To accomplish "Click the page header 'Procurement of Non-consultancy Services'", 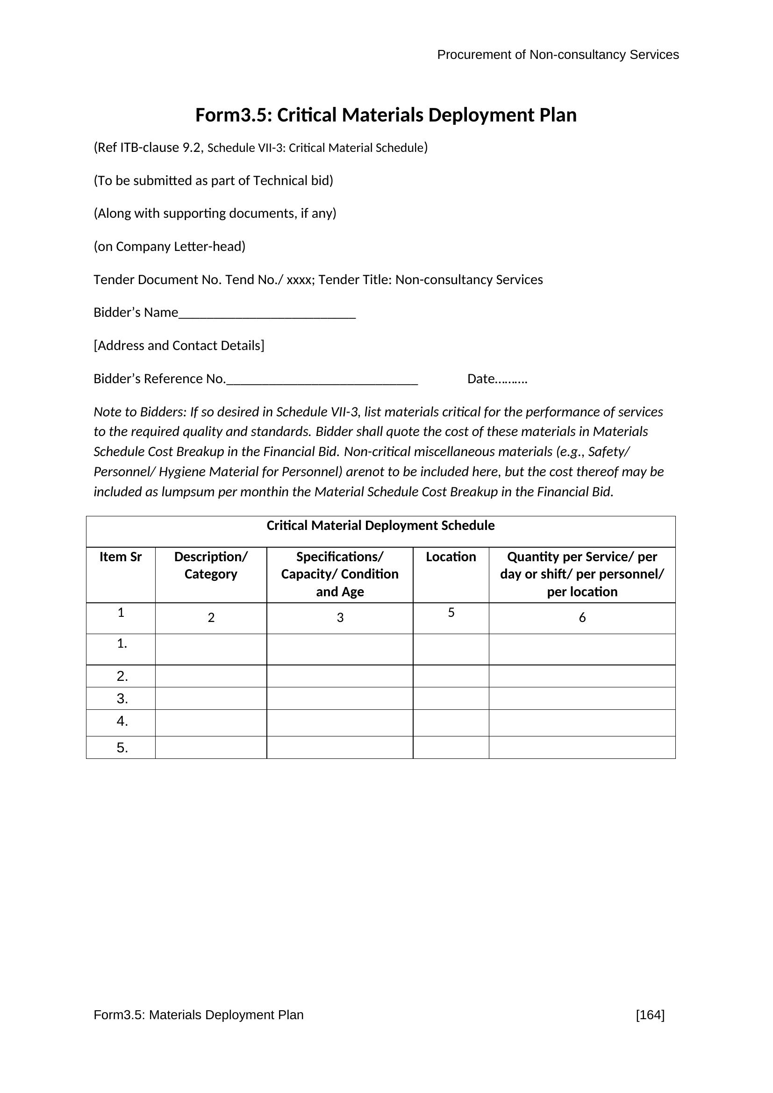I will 558,55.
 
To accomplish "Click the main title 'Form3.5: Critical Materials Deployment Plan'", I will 386,115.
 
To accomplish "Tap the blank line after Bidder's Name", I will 267,314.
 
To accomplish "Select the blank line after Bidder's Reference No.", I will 322,380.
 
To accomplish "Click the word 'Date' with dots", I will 497,379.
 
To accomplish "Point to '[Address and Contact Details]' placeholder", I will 179,346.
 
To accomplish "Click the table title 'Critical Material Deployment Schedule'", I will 380,526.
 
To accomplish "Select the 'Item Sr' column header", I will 121,557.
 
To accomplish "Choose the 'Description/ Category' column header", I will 211,565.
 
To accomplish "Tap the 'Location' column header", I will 451,557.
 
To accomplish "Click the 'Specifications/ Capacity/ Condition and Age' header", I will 340,574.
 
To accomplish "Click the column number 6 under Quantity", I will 582,618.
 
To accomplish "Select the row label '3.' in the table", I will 122,699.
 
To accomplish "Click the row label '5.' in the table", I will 122,748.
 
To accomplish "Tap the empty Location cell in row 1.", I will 451,649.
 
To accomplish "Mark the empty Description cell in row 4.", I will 211,722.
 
